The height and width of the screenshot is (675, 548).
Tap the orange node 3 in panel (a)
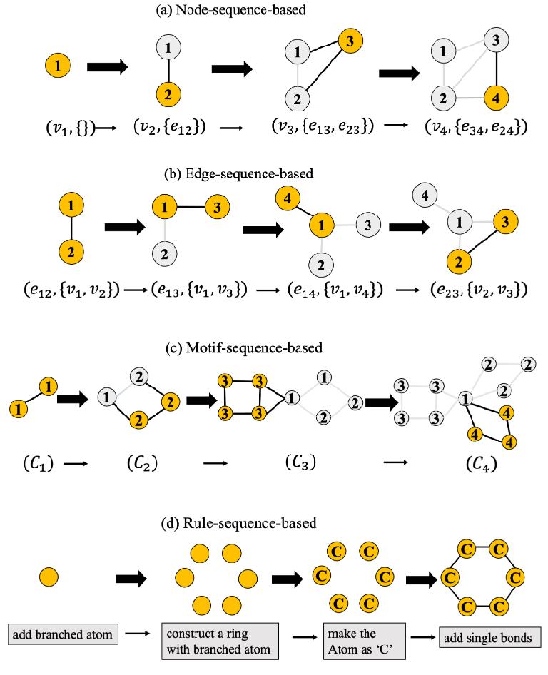coord(351,40)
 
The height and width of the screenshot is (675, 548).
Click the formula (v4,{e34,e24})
coord(475,128)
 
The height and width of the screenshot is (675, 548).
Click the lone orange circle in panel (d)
coord(49,576)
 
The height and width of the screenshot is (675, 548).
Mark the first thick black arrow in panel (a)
coord(107,67)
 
